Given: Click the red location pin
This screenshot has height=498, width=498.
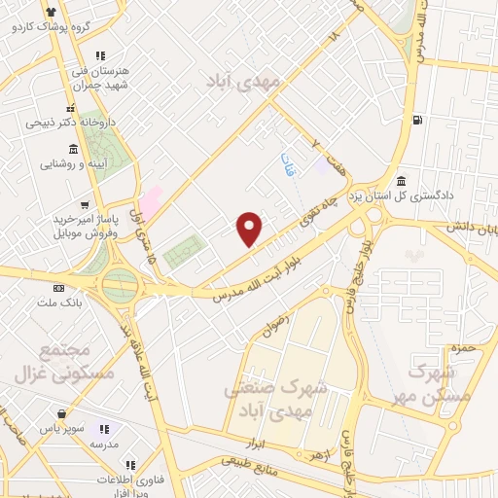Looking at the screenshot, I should pyautogui.click(x=250, y=229).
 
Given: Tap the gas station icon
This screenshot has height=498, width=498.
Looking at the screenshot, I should pyautogui.click(x=417, y=121).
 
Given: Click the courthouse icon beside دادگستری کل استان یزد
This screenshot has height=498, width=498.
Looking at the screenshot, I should pyautogui.click(x=402, y=181).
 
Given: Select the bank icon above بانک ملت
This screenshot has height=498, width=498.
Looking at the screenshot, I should pyautogui.click(x=59, y=289).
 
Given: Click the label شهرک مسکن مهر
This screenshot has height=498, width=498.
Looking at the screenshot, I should pyautogui.click(x=439, y=384).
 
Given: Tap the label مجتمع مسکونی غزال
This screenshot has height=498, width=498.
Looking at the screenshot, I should pyautogui.click(x=78, y=361).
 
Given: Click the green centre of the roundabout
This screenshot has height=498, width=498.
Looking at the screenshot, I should pyautogui.click(x=120, y=286).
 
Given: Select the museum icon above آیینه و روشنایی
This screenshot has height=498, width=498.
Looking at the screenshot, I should pyautogui.click(x=73, y=148).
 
